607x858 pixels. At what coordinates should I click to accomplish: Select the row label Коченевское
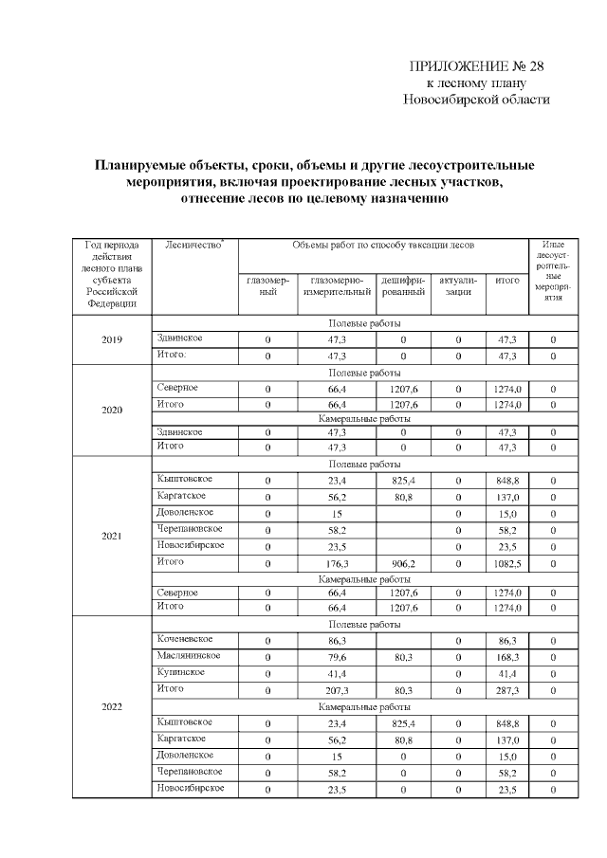point(184,640)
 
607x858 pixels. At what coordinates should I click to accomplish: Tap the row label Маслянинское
point(189,655)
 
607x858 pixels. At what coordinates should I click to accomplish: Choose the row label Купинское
point(179,671)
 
